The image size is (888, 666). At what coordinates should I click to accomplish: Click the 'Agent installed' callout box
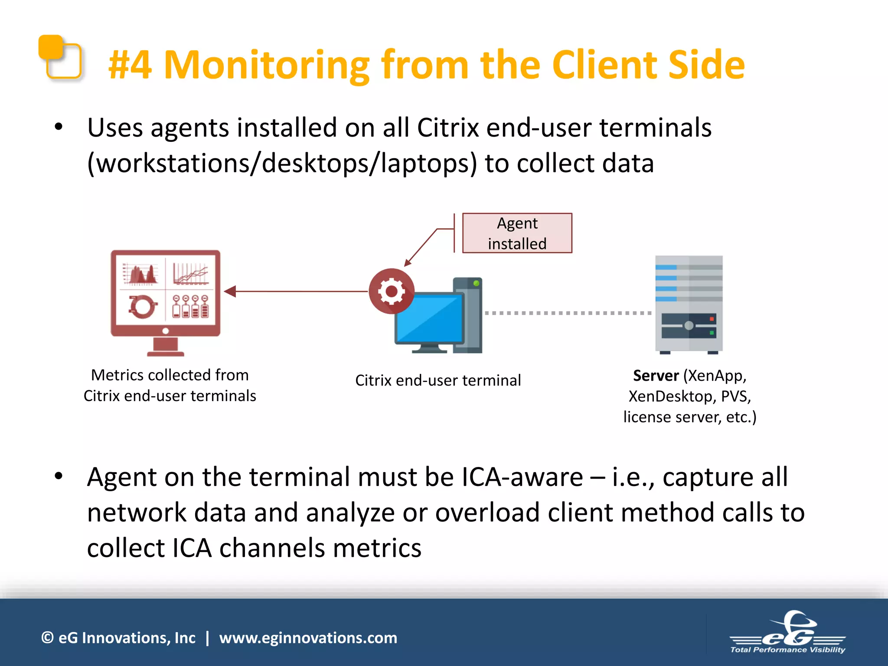tap(517, 233)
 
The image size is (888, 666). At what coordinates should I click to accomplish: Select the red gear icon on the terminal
tap(392, 291)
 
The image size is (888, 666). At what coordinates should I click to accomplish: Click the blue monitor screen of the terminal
tap(429, 319)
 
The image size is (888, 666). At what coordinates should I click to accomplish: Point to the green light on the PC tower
tap(476, 284)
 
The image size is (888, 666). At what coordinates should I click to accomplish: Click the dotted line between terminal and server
tap(568, 313)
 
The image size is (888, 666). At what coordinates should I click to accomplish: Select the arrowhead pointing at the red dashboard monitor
tap(230, 291)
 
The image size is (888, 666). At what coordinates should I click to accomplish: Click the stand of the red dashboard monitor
tap(166, 347)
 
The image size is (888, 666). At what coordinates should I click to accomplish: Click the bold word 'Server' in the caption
tap(656, 376)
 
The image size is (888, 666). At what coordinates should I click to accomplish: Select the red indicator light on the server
tap(712, 319)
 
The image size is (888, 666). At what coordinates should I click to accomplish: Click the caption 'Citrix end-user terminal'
tap(438, 381)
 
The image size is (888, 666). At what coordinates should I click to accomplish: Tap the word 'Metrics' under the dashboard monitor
tap(117, 375)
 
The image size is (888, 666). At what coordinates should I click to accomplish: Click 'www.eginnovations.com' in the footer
tap(308, 638)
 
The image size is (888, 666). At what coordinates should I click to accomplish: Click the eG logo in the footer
tap(787, 633)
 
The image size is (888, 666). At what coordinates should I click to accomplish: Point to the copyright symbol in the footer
tap(47, 638)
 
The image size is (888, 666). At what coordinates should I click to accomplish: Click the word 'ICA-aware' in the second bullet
tap(522, 477)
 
